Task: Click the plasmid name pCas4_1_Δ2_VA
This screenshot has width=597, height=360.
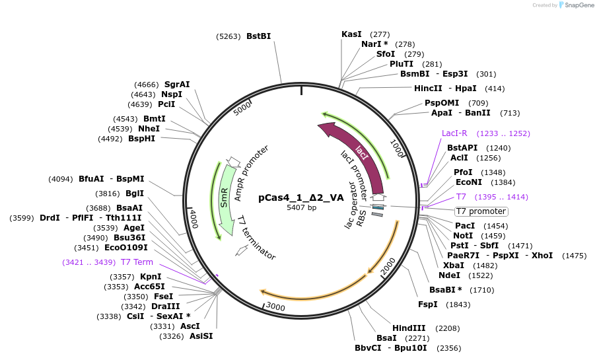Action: pos(301,197)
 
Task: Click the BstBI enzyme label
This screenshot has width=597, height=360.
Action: pos(258,36)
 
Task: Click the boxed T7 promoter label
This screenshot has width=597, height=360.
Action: pos(481,211)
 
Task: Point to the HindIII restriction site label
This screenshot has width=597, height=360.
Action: pos(409,328)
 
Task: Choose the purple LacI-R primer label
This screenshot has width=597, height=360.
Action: pos(454,133)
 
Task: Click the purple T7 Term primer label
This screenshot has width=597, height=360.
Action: pos(137,262)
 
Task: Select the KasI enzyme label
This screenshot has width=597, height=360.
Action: pos(351,34)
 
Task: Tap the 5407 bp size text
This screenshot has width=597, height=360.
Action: pos(301,208)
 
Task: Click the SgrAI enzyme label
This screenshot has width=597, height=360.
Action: pos(177,85)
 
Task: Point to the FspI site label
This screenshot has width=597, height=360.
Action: pos(428,304)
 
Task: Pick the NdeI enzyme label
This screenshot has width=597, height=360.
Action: pos(449,275)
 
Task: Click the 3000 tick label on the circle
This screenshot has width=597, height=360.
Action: pos(275,307)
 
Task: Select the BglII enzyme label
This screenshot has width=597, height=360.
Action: pos(135,194)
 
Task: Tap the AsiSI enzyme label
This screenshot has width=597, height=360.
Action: pos(201,336)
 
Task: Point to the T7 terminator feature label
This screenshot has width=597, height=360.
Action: pos(256,238)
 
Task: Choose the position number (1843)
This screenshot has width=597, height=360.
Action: pos(458,305)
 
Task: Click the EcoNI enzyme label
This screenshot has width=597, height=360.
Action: pos(469,182)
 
